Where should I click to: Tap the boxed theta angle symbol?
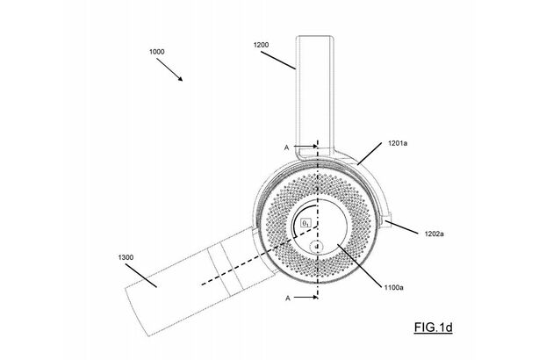pyautogui.click(x=305, y=224)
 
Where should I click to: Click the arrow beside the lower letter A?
pyautogui.click(x=309, y=299)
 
